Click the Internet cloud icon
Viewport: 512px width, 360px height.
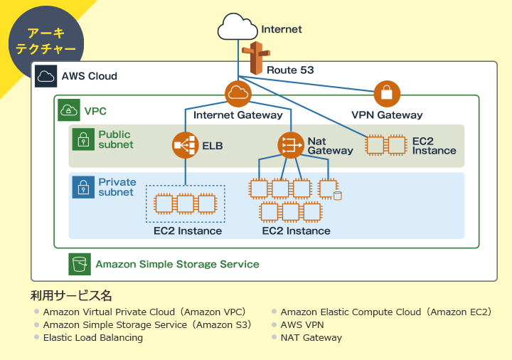[x=238, y=28]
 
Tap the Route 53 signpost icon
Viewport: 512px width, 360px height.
[x=255, y=59]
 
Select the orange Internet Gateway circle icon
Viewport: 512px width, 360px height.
[x=238, y=94]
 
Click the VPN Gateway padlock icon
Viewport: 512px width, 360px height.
[x=387, y=94]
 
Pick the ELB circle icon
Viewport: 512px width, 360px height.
[x=186, y=145]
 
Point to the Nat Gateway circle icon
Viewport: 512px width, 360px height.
[x=290, y=145]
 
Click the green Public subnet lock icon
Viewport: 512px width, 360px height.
[x=84, y=139]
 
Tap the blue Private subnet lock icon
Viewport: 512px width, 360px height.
[x=84, y=188]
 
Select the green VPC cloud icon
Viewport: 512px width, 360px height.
[x=69, y=110]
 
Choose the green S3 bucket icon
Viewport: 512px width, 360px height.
[x=80, y=264]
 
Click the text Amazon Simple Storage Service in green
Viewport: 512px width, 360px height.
[x=177, y=264]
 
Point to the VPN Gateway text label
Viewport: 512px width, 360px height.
[x=387, y=115]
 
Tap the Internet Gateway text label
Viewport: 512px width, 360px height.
[x=238, y=115]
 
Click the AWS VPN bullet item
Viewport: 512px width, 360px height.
[x=302, y=325]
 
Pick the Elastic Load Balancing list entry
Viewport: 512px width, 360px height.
[x=92, y=338]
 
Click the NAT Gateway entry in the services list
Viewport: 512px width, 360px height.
[x=311, y=338]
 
